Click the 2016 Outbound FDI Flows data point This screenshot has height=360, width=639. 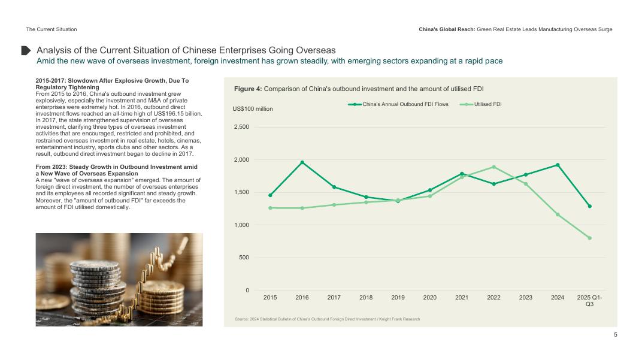tap(302, 162)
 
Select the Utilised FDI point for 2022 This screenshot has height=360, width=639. tap(493, 167)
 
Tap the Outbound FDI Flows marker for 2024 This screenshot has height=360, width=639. tap(558, 165)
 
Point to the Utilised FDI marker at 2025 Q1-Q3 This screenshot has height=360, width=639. tap(589, 238)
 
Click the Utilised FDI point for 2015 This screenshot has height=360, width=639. tap(270, 208)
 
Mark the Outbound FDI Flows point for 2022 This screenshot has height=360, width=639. tap(493, 184)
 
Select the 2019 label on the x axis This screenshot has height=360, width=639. tap(398, 297)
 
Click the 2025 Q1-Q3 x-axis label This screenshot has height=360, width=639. tap(589, 301)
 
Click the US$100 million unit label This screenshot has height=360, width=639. tap(252, 109)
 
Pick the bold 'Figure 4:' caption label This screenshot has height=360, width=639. tap(247, 89)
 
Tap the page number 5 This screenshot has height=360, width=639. tap(615, 335)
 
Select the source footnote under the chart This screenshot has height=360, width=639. tap(326, 319)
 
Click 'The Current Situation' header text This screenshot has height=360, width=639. tap(52, 29)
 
